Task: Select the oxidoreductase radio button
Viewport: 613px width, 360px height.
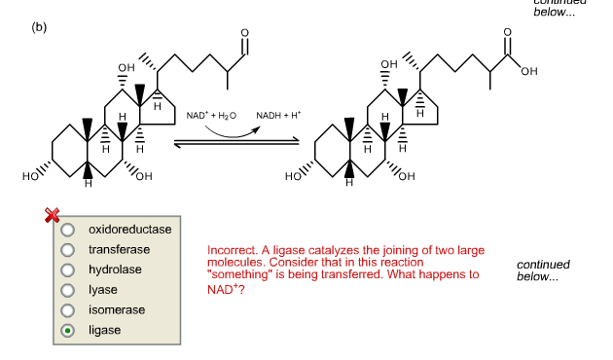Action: coord(68,231)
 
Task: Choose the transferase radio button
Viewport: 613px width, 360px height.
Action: coord(68,250)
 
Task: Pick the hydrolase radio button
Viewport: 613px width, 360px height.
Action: coord(68,270)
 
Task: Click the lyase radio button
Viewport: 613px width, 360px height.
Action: coord(68,290)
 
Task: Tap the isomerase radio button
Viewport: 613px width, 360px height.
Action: coord(68,310)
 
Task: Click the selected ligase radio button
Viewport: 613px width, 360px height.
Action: coord(68,331)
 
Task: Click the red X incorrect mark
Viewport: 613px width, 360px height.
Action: coord(54,215)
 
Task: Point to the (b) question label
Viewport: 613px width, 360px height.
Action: coord(39,26)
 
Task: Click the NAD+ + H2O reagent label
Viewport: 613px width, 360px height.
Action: coord(212,116)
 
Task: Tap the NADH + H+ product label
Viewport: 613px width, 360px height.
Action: coord(278,116)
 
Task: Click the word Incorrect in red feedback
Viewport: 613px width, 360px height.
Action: coord(232,251)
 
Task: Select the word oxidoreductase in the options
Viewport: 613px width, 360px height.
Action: coord(129,230)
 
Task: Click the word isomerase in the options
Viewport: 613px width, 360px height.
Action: coord(117,309)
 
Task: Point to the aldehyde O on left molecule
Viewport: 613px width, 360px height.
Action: coord(244,34)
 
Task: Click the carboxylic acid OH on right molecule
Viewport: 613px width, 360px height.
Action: coord(528,71)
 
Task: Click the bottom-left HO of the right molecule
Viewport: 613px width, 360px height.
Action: coord(294,177)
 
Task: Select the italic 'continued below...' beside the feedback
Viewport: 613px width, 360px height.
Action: coord(543,270)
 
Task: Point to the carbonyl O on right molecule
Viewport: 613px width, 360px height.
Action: coord(507,33)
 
